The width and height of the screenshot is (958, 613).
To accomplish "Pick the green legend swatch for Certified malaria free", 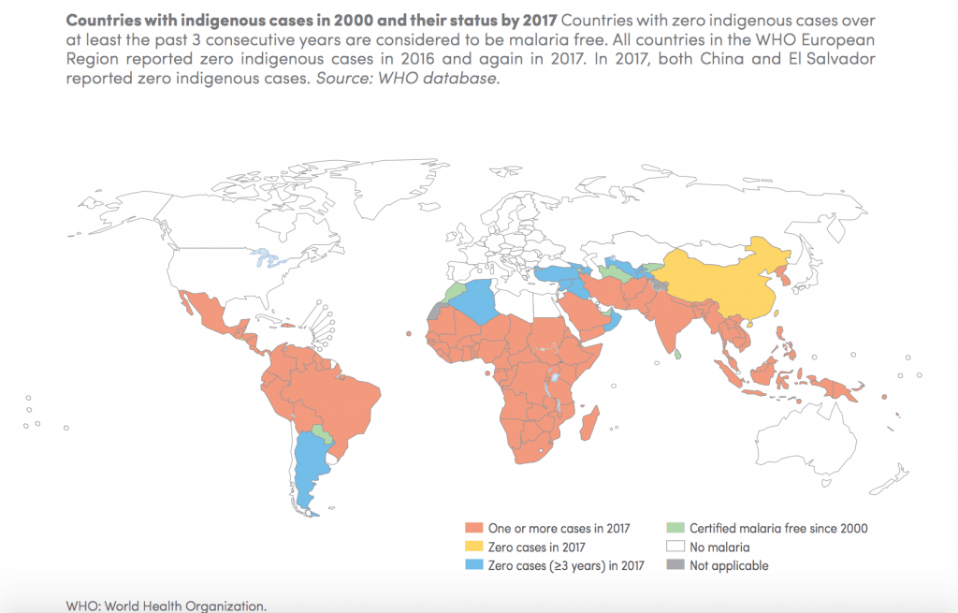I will click(x=674, y=529).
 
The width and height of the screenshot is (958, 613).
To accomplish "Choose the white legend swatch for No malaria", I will click(x=674, y=547).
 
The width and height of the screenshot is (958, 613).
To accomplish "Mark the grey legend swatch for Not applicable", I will click(x=674, y=566).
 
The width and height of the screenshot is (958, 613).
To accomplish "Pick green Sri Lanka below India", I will click(x=677, y=354).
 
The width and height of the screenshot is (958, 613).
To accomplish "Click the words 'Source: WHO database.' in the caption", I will click(x=407, y=80).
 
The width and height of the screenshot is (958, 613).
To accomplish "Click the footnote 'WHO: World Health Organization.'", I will click(x=167, y=606).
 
